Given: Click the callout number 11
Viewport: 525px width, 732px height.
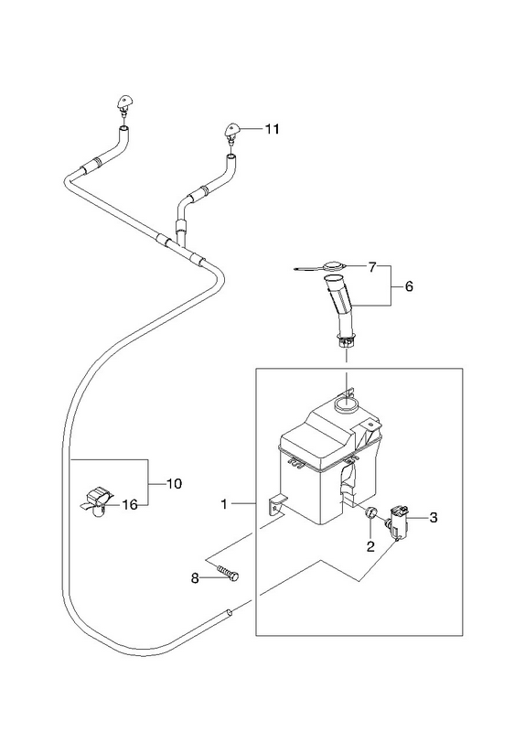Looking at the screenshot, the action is pyautogui.click(x=272, y=129).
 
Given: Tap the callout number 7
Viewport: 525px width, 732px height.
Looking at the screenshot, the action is pyautogui.click(x=372, y=268).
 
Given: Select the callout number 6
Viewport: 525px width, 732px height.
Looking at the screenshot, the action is pyautogui.click(x=409, y=286).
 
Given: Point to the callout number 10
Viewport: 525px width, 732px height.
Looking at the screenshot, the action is pyautogui.click(x=174, y=484).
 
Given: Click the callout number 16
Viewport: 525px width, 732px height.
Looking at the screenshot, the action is pyautogui.click(x=130, y=505).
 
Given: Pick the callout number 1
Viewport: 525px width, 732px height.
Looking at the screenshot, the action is pyautogui.click(x=224, y=504).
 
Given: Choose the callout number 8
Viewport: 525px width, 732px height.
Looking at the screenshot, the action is pyautogui.click(x=195, y=579).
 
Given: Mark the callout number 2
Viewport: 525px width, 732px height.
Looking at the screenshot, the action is pyautogui.click(x=370, y=546).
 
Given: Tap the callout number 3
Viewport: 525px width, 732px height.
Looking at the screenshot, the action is pyautogui.click(x=434, y=518).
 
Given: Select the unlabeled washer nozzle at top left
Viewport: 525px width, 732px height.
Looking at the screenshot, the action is pyautogui.click(x=124, y=104).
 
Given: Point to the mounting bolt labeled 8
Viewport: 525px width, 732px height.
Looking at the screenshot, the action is pyautogui.click(x=228, y=573).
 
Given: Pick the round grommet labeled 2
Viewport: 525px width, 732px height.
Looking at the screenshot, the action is pyautogui.click(x=370, y=512).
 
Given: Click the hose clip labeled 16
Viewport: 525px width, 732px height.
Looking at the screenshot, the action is pyautogui.click(x=98, y=501).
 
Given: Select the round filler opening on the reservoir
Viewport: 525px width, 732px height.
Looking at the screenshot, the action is pyautogui.click(x=347, y=403).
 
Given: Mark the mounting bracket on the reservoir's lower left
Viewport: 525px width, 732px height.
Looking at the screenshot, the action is pyautogui.click(x=276, y=504).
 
